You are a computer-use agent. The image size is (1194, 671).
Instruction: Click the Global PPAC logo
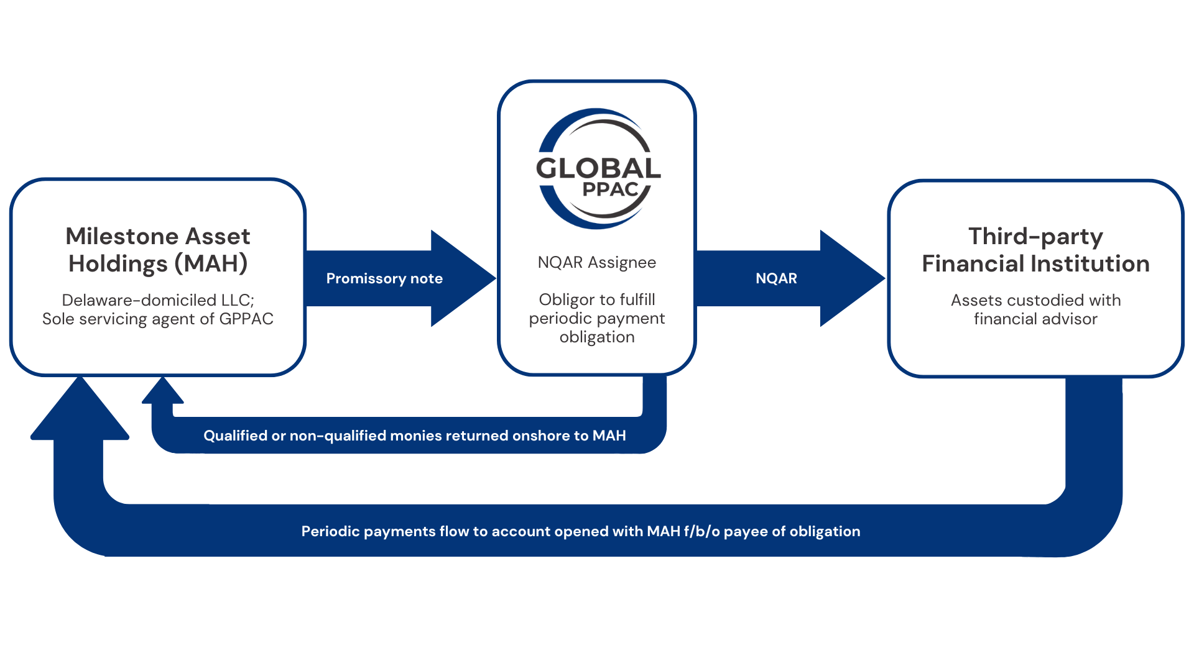pyautogui.click(x=597, y=168)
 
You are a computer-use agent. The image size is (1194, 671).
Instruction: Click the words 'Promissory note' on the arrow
pyautogui.click(x=384, y=278)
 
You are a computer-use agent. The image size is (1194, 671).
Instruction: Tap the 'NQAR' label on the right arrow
pyautogui.click(x=776, y=278)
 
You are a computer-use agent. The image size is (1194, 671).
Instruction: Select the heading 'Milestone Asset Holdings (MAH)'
pyautogui.click(x=158, y=250)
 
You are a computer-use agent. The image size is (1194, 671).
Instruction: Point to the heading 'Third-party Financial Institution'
pyautogui.click(x=1035, y=250)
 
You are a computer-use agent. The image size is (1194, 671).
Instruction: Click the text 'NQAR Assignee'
pyautogui.click(x=597, y=262)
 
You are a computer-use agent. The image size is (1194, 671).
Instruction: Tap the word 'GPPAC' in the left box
pyautogui.click(x=246, y=319)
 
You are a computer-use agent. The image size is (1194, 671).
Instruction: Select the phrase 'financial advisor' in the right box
pyautogui.click(x=1035, y=319)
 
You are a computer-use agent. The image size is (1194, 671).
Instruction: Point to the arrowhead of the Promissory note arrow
pyautogui.click(x=463, y=278)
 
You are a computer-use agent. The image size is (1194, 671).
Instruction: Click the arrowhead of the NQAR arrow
pyautogui.click(x=852, y=278)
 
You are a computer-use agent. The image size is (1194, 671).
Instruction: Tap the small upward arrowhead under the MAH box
pyautogui.click(x=163, y=391)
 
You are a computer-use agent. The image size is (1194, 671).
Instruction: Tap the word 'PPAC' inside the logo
pyautogui.click(x=610, y=189)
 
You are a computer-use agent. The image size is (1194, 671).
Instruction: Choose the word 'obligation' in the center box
pyautogui.click(x=597, y=337)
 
